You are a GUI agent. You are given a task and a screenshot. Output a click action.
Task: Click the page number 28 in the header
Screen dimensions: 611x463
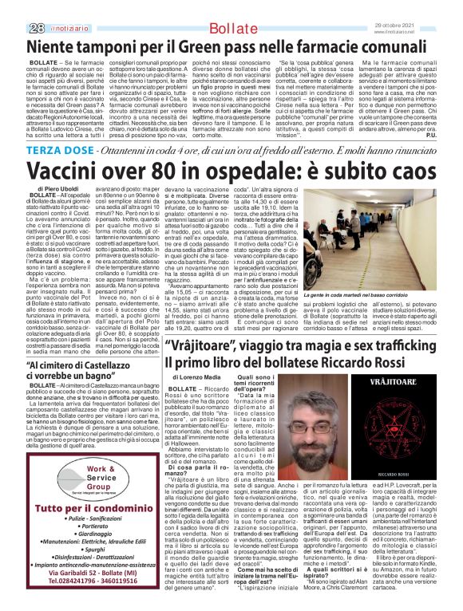pos(13,6)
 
